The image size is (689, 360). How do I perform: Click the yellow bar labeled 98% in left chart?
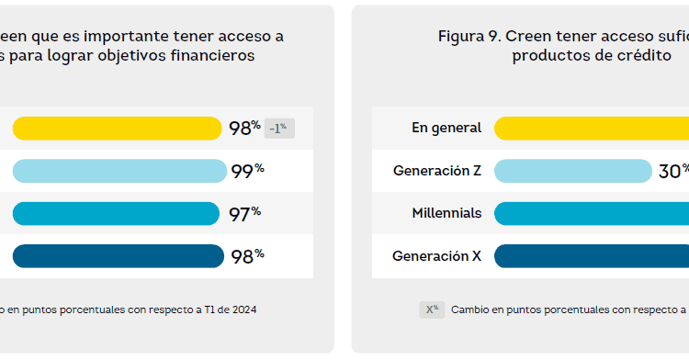[117, 129]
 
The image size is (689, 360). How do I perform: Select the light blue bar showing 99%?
[119, 171]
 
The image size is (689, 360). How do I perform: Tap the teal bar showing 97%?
[116, 214]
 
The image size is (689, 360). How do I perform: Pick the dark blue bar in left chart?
[118, 256]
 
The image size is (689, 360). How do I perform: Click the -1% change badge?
[279, 129]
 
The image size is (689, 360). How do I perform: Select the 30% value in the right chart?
[672, 171]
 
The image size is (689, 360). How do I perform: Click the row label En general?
[446, 128]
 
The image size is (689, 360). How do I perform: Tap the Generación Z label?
[437, 171]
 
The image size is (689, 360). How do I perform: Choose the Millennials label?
[446, 213]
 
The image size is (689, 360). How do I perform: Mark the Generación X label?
[436, 256]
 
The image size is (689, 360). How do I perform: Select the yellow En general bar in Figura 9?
[592, 129]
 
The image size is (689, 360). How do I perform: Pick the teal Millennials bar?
[592, 214]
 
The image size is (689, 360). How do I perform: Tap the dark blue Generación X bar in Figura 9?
[592, 256]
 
